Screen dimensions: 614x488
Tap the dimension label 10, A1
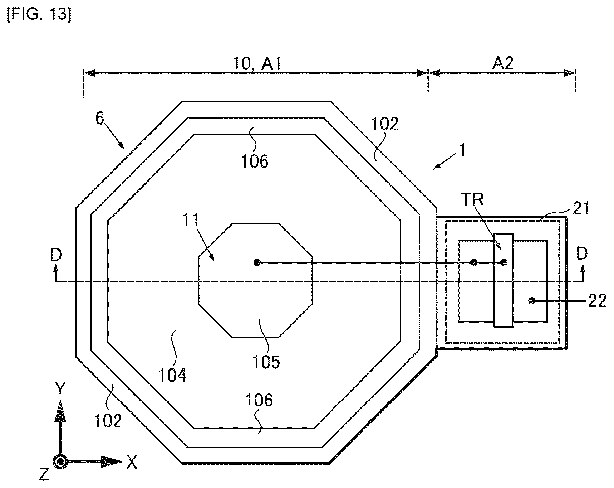[x=257, y=64]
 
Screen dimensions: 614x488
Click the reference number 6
[x=100, y=119]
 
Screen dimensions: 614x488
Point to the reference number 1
[x=462, y=150]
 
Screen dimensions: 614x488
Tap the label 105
[x=266, y=362]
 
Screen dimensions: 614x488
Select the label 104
[x=172, y=376]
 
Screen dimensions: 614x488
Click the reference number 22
[x=597, y=301]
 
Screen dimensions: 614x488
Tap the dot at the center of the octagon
[x=257, y=263]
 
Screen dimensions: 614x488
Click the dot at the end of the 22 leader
[x=532, y=301]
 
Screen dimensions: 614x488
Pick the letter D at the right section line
[x=582, y=254]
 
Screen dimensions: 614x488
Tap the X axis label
[x=132, y=463]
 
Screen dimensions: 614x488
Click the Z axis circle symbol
[x=60, y=462]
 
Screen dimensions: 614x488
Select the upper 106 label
[x=255, y=161]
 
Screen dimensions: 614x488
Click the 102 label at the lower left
[x=108, y=421]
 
